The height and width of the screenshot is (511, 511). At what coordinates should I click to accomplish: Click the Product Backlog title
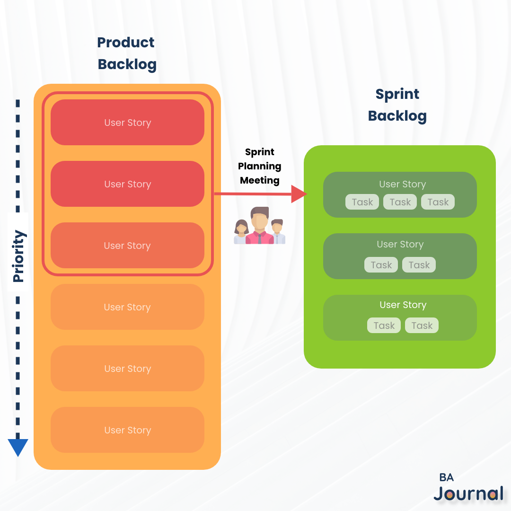click(x=126, y=53)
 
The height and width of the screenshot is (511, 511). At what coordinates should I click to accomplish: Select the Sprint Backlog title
click(x=397, y=105)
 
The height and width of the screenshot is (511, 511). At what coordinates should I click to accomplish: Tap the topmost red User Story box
click(x=127, y=123)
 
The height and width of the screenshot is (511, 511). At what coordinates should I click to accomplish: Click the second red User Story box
click(x=127, y=184)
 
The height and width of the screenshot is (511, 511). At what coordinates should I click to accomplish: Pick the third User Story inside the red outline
click(x=127, y=246)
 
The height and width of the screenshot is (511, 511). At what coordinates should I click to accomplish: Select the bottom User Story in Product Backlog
click(x=127, y=430)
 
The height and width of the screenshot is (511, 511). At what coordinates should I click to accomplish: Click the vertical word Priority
click(x=18, y=256)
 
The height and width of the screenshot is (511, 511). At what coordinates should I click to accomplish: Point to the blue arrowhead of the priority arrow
click(x=18, y=447)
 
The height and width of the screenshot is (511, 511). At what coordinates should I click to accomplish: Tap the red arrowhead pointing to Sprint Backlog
click(x=299, y=194)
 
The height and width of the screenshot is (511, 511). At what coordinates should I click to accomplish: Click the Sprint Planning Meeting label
click(x=259, y=166)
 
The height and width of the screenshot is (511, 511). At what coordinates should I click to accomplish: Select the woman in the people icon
click(x=241, y=232)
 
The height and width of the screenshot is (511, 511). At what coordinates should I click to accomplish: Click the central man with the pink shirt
click(x=259, y=226)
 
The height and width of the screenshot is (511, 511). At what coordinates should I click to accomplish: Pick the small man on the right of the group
click(x=278, y=231)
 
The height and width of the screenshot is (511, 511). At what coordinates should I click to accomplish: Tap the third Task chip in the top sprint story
click(x=438, y=202)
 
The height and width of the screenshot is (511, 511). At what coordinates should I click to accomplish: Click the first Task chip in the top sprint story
click(x=362, y=202)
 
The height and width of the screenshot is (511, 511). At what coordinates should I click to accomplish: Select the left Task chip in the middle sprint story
click(x=381, y=265)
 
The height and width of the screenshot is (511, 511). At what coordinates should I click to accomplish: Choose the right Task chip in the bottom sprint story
click(x=422, y=326)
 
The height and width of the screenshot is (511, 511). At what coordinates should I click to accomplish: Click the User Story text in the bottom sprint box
click(x=403, y=305)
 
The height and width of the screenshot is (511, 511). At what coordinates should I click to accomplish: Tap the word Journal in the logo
click(x=468, y=493)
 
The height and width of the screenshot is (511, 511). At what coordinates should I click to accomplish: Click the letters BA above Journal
click(x=446, y=477)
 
